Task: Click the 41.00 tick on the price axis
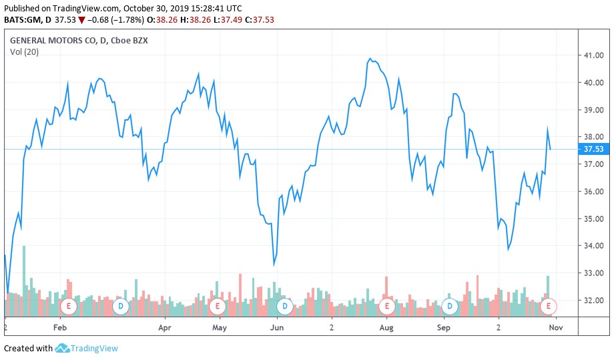594,55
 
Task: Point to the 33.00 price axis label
594,273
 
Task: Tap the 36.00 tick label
594,192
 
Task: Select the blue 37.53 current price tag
593,149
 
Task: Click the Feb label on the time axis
61,328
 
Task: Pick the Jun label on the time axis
277,328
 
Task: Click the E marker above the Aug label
386,307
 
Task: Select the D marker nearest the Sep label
450,307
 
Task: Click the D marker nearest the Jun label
285,307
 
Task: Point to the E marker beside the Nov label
549,307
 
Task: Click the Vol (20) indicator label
24,52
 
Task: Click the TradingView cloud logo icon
62,348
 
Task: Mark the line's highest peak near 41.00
370,59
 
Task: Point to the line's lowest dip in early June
274,264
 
